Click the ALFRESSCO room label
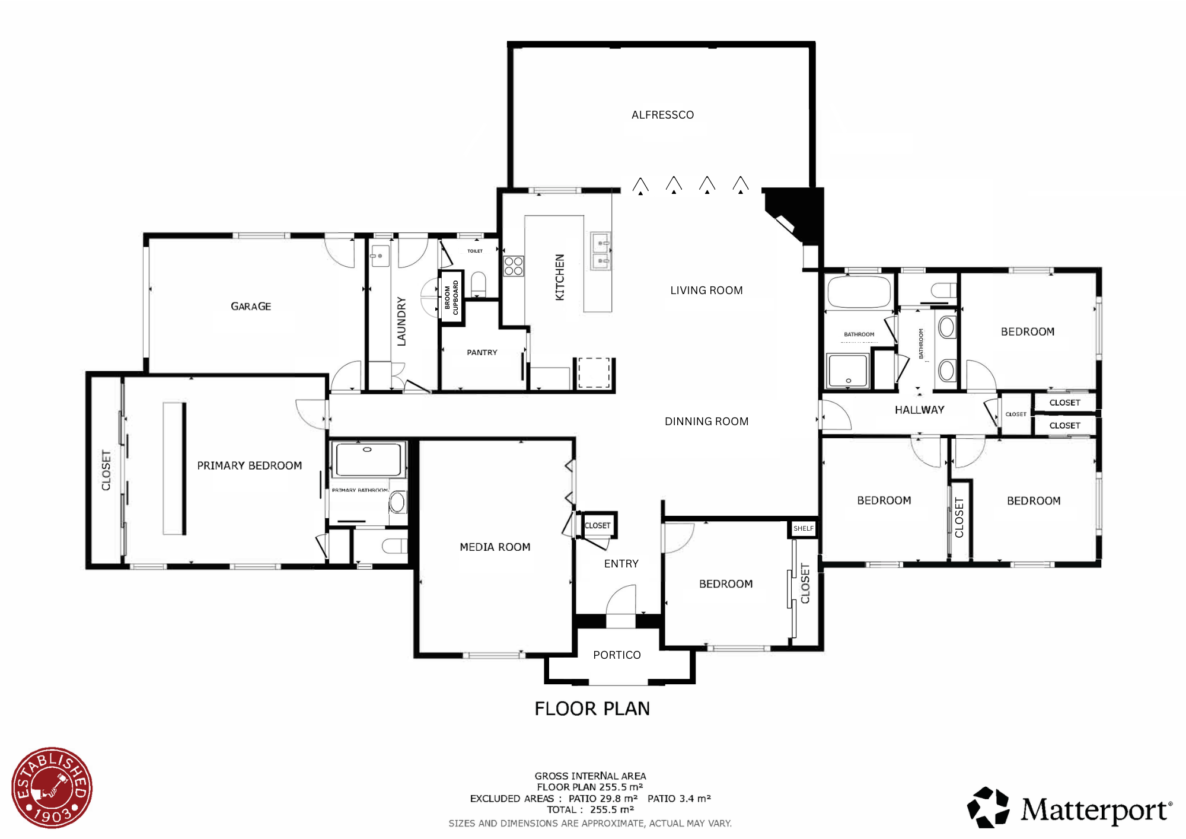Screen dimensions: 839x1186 pyautogui.click(x=662, y=115)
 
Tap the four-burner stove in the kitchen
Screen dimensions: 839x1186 pyautogui.click(x=514, y=266)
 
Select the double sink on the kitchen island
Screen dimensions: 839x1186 pyautogui.click(x=601, y=251)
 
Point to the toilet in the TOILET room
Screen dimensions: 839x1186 pyautogui.click(x=478, y=283)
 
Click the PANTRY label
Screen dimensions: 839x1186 pyautogui.click(x=482, y=352)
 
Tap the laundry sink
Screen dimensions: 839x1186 pyautogui.click(x=380, y=256)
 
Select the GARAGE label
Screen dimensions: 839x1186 pyautogui.click(x=251, y=307)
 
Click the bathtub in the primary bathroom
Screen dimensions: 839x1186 pyautogui.click(x=368, y=459)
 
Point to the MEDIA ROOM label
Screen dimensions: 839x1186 pyautogui.click(x=495, y=547)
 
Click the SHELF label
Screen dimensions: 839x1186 pyautogui.click(x=804, y=528)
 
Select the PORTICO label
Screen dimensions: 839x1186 pyautogui.click(x=617, y=655)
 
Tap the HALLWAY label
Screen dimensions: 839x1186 pyautogui.click(x=919, y=410)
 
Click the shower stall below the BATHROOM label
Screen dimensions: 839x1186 pyautogui.click(x=848, y=371)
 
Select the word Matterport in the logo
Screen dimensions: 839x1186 pyautogui.click(x=1094, y=810)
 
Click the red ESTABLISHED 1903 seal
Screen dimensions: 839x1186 pyautogui.click(x=52, y=787)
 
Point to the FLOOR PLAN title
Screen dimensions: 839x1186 pyautogui.click(x=592, y=709)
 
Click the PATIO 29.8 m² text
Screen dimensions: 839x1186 pyautogui.click(x=602, y=799)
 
